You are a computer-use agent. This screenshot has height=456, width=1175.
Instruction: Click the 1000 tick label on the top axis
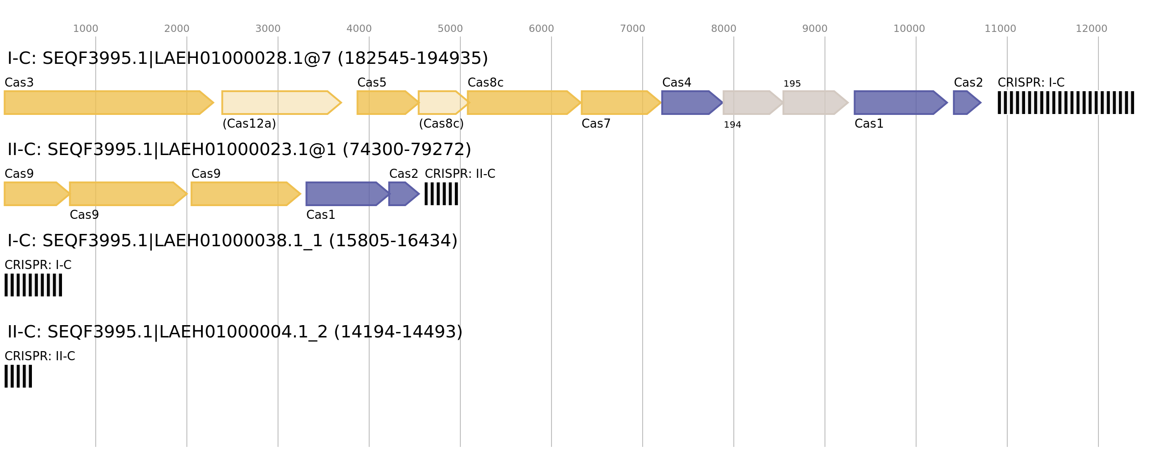85,29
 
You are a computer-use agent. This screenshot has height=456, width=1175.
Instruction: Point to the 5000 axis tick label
450,29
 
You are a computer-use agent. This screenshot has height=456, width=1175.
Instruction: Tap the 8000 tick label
723,29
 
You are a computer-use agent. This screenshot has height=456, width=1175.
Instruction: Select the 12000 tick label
1091,29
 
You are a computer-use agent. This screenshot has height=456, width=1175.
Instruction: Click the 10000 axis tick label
909,29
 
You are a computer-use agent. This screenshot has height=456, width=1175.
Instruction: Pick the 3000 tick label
268,29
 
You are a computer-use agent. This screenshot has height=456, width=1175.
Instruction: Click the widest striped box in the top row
1066,103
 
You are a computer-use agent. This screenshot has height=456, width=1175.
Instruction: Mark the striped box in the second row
441,194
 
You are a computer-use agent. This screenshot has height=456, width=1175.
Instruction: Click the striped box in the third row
33,285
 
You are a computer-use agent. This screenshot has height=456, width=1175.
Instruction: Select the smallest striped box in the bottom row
18,376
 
